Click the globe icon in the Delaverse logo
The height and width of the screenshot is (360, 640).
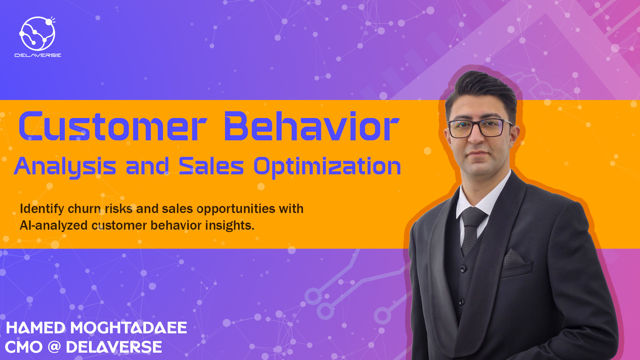pos(37,33)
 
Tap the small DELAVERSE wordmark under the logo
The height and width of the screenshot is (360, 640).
pos(38,55)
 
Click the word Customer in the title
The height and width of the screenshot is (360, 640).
pos(113,127)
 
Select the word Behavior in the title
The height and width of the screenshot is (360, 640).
pos(311,127)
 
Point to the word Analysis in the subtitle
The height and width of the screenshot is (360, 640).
pos(65,167)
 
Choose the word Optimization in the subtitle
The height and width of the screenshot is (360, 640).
pos(327,167)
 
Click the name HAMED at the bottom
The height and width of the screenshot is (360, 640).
pos(36,328)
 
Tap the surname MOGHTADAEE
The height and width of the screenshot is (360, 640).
pos(129,328)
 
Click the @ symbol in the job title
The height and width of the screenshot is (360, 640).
pos(54,347)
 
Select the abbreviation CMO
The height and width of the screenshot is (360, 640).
pos(24,347)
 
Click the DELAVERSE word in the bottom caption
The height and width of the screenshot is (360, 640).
pos(114,347)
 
